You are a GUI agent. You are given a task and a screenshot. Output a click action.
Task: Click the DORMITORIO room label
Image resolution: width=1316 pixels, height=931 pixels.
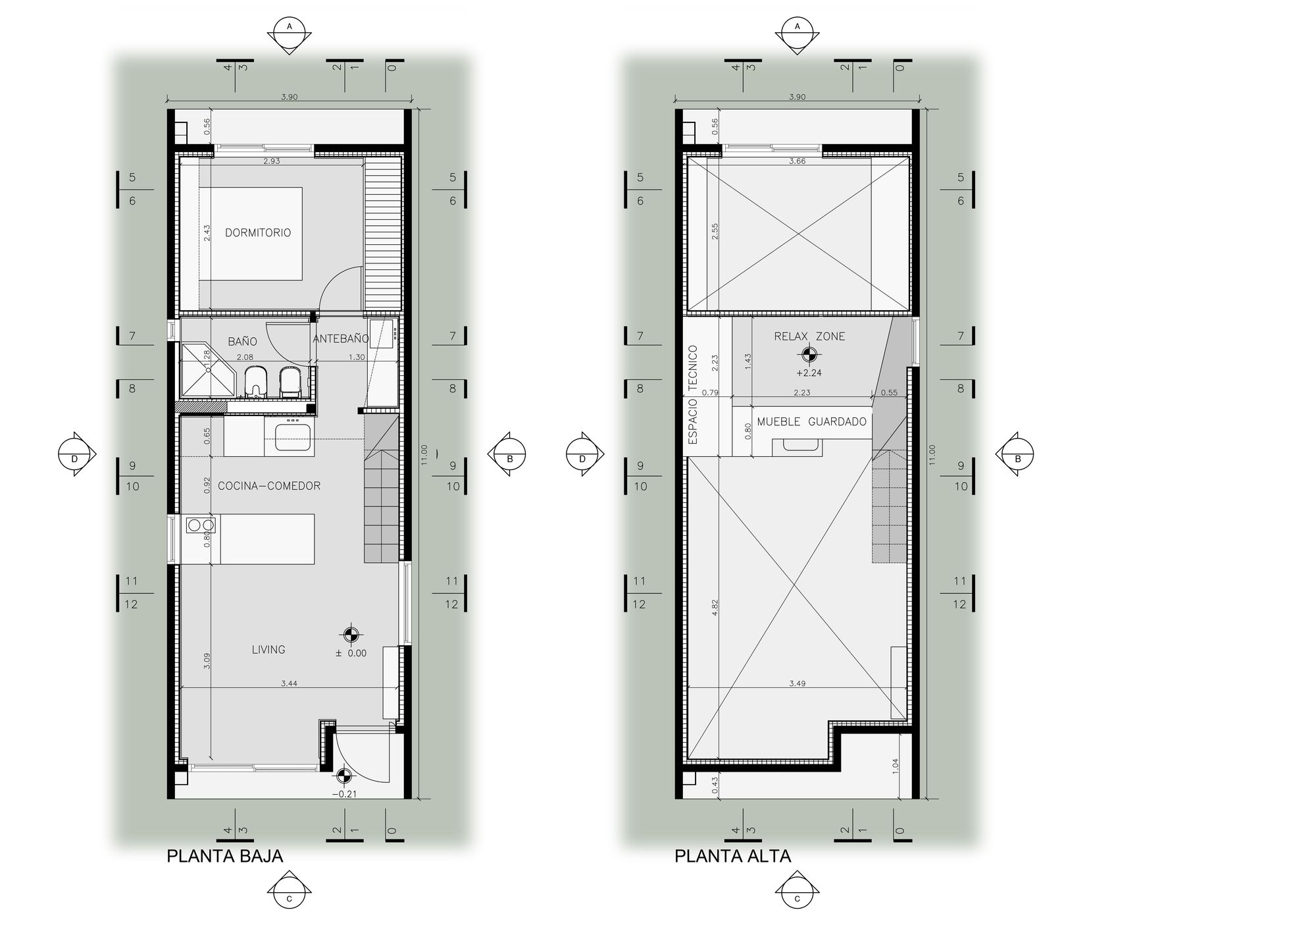257,232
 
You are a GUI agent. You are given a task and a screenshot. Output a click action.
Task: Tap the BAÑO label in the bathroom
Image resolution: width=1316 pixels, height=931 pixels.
242,341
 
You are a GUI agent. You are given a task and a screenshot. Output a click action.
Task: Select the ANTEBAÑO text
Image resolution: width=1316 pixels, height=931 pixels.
340,338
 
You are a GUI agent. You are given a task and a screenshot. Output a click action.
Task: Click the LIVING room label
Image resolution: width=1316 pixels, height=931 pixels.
268,649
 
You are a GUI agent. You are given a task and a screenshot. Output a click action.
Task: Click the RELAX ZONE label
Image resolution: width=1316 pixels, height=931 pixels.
809,336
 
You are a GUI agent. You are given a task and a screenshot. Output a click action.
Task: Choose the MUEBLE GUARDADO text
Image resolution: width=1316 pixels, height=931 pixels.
811,421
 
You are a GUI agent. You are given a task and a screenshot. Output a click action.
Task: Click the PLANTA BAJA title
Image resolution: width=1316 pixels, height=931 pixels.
224,856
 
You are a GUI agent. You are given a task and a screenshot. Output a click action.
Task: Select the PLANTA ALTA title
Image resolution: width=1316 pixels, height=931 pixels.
732,856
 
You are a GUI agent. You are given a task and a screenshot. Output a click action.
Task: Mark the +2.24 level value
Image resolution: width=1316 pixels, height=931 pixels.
809,373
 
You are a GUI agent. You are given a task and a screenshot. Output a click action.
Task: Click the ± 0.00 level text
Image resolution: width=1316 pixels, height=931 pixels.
351,653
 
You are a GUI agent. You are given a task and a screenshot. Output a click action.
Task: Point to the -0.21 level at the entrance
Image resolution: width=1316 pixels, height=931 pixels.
344,794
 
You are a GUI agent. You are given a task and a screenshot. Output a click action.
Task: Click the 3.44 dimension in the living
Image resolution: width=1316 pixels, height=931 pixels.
289,683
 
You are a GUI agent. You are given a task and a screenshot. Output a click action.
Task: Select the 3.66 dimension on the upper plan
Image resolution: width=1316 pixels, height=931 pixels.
797,161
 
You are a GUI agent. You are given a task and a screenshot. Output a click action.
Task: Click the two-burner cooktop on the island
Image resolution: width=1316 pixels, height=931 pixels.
200,525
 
